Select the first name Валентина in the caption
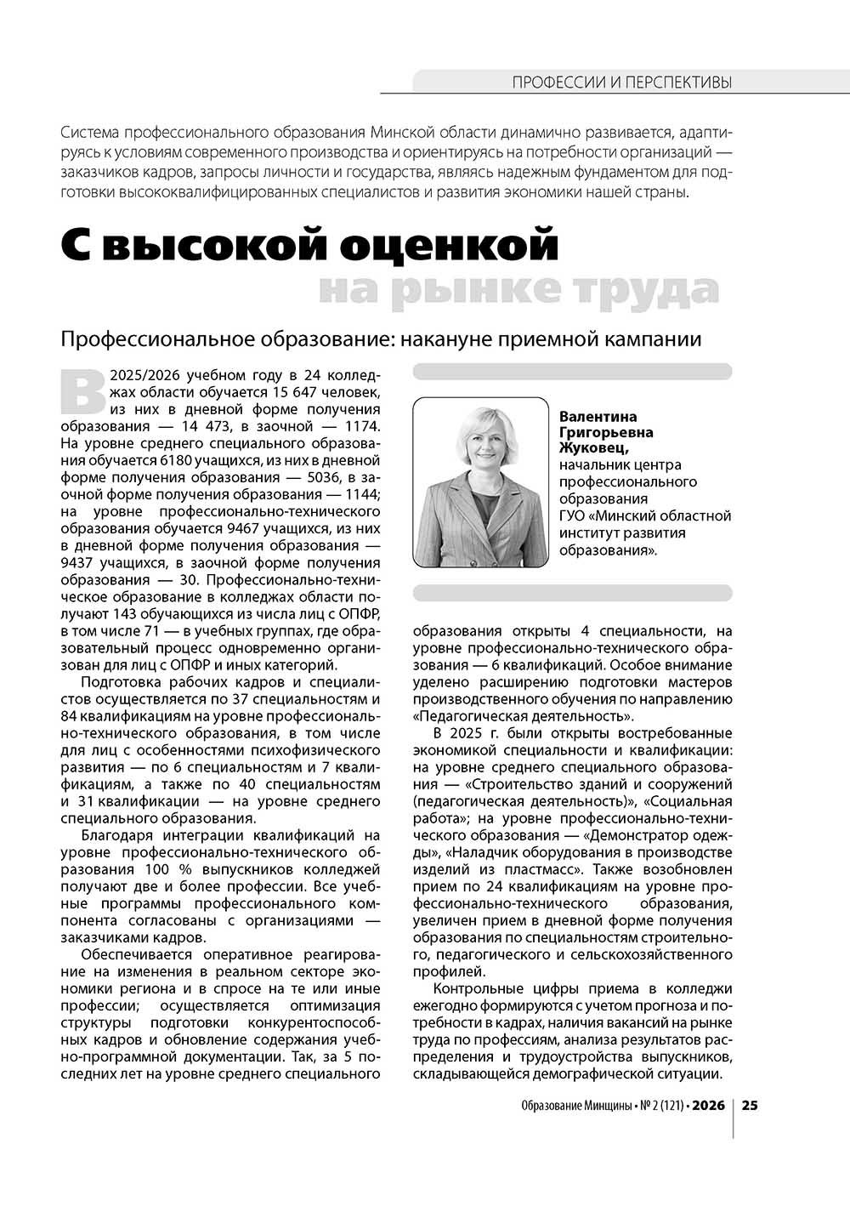[598, 417]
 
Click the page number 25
[751, 1107]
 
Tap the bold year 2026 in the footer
[708, 1107]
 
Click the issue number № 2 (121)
[654, 1107]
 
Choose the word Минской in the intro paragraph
[405, 134]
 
